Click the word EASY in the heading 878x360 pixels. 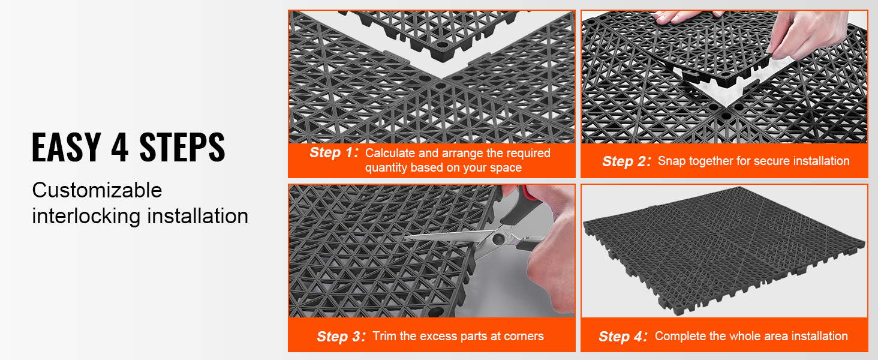(x=67, y=147)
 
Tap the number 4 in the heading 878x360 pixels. (x=119, y=147)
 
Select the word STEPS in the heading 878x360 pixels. (x=182, y=147)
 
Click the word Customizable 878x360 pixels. (x=97, y=191)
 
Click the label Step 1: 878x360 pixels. (x=334, y=152)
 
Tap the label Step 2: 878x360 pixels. (x=626, y=161)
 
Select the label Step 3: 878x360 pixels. (x=341, y=337)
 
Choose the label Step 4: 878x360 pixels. (x=623, y=337)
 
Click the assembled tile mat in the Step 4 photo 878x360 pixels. (x=723, y=250)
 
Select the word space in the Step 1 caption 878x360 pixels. (x=505, y=168)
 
